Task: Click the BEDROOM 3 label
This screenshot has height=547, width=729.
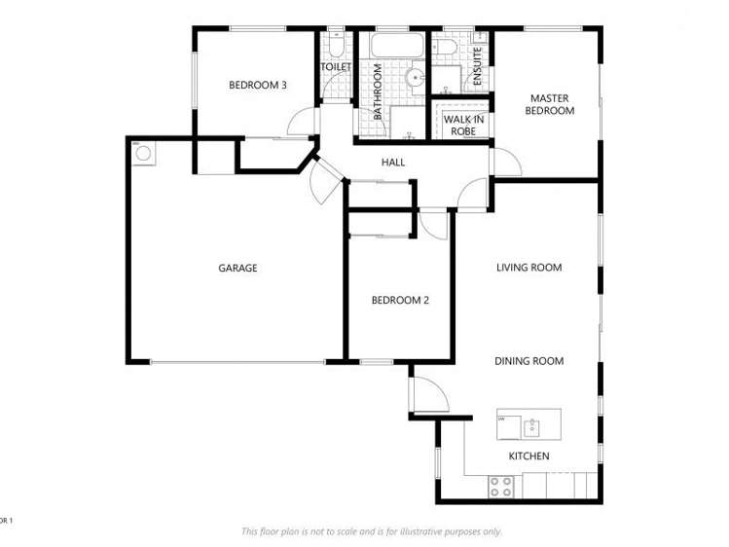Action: pyautogui.click(x=257, y=85)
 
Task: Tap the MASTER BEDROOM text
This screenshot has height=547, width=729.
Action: pyautogui.click(x=549, y=104)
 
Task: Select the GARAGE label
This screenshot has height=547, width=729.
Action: pyautogui.click(x=237, y=268)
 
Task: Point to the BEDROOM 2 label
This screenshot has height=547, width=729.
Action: pyautogui.click(x=400, y=300)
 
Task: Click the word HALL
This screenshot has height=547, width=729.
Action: pyautogui.click(x=393, y=163)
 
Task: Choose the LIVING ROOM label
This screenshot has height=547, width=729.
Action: pyautogui.click(x=529, y=268)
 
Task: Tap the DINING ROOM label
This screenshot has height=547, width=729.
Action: pyautogui.click(x=529, y=361)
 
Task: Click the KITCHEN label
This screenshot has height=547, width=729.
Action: pyautogui.click(x=529, y=456)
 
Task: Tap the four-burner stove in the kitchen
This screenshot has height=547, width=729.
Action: pyautogui.click(x=501, y=487)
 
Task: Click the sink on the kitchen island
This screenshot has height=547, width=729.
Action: pyautogui.click(x=531, y=425)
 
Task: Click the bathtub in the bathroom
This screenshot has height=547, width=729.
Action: pyautogui.click(x=393, y=45)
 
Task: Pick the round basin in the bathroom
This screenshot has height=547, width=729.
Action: pyautogui.click(x=417, y=76)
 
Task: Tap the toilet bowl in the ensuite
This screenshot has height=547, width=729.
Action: pyautogui.click(x=442, y=47)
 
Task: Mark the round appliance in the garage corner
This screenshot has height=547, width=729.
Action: pyautogui.click(x=142, y=153)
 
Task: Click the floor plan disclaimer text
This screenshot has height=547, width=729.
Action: pyautogui.click(x=371, y=531)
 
